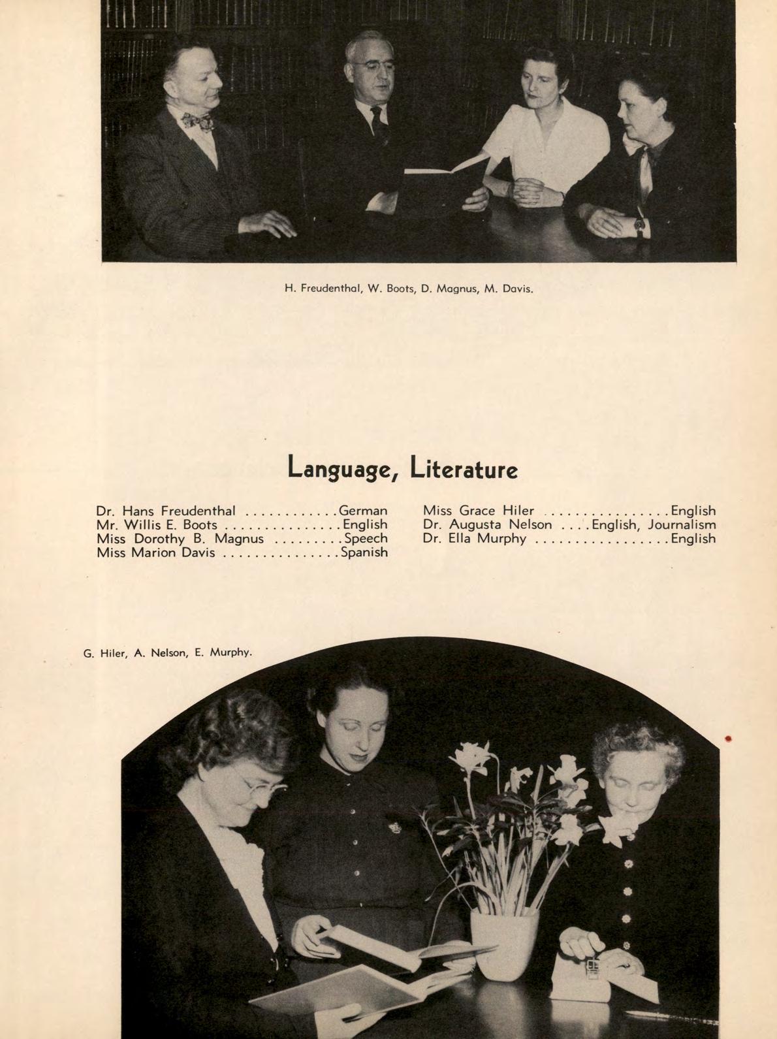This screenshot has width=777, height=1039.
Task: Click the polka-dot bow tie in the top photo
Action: coord(198,121)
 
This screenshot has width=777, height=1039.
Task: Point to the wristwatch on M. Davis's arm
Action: coord(640,226)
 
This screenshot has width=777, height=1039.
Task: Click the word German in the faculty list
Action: coord(363,511)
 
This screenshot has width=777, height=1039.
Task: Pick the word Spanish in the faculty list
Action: coord(362,552)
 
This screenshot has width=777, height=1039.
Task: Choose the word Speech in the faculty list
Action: coord(366,539)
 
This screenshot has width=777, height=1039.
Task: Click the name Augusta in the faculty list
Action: coord(480,524)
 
